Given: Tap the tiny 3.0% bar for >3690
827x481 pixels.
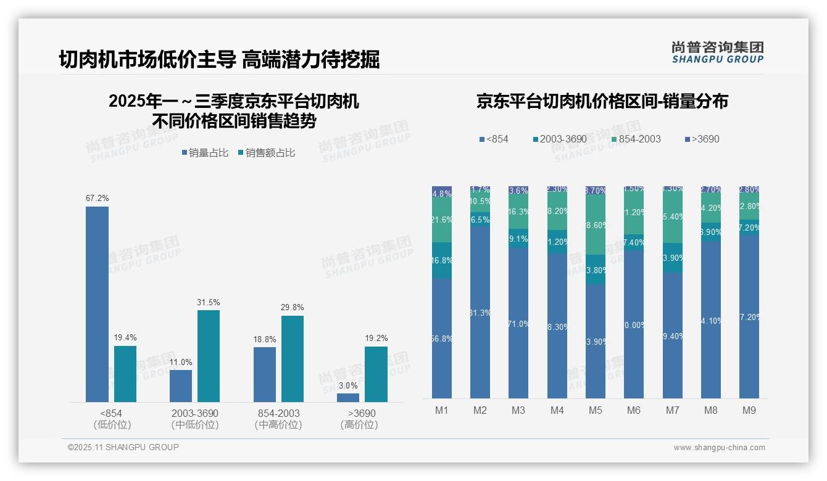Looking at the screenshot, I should (x=348, y=398).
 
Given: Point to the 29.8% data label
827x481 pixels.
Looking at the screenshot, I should (x=292, y=308).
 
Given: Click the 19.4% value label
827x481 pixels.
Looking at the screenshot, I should (x=125, y=338).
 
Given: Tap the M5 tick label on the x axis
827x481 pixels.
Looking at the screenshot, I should (x=596, y=410).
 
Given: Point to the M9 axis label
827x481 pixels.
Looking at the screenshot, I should (x=749, y=410).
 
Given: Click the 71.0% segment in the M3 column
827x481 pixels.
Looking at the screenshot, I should (x=518, y=323).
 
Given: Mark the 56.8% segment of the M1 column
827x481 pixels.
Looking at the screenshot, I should (x=442, y=338).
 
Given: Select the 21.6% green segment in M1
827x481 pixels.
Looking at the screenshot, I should (x=442, y=220).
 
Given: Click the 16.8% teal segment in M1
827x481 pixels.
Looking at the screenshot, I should (x=442, y=260).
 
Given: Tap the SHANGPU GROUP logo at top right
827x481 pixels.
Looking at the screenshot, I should (x=717, y=52).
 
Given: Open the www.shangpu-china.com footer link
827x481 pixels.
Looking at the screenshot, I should (x=719, y=448).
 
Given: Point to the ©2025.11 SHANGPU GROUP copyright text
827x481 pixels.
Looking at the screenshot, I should (x=123, y=448).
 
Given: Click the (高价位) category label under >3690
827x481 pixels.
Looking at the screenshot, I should (x=359, y=425).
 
